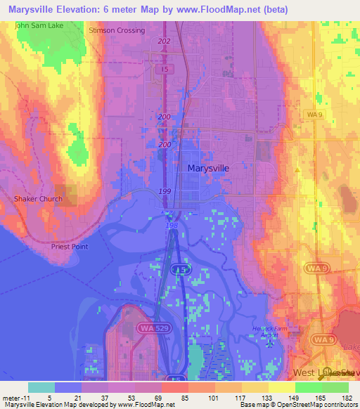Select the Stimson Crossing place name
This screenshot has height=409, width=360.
[117, 31]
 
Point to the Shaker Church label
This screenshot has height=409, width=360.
[38, 199]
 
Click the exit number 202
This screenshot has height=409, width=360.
[165, 42]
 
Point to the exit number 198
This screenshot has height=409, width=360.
[172, 226]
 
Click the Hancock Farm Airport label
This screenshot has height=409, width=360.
[269, 332]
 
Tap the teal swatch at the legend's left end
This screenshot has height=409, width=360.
[41, 387]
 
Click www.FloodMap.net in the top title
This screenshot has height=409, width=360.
[232, 8]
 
